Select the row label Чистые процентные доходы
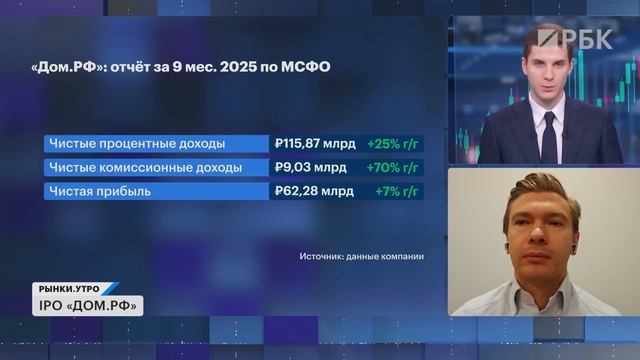[136, 143]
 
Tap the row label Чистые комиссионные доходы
[144, 167]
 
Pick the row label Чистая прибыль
[100, 191]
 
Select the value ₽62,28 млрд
[313, 191]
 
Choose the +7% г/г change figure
[396, 191]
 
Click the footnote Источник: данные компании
[361, 257]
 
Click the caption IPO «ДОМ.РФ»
[91, 305]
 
